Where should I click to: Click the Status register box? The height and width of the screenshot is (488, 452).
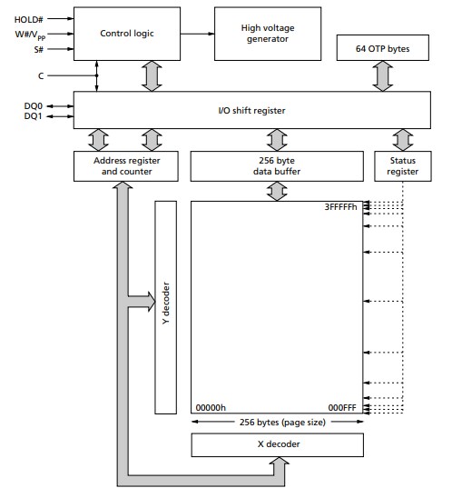pos(396,163)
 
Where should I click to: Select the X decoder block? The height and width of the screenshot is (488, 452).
pos(276,444)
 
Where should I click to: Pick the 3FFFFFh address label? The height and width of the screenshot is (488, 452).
pos(341,208)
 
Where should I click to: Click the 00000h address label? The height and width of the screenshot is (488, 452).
pos(211,408)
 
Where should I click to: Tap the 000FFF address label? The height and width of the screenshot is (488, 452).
pos(342,408)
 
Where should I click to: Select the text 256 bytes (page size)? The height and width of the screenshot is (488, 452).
pos(276,422)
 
